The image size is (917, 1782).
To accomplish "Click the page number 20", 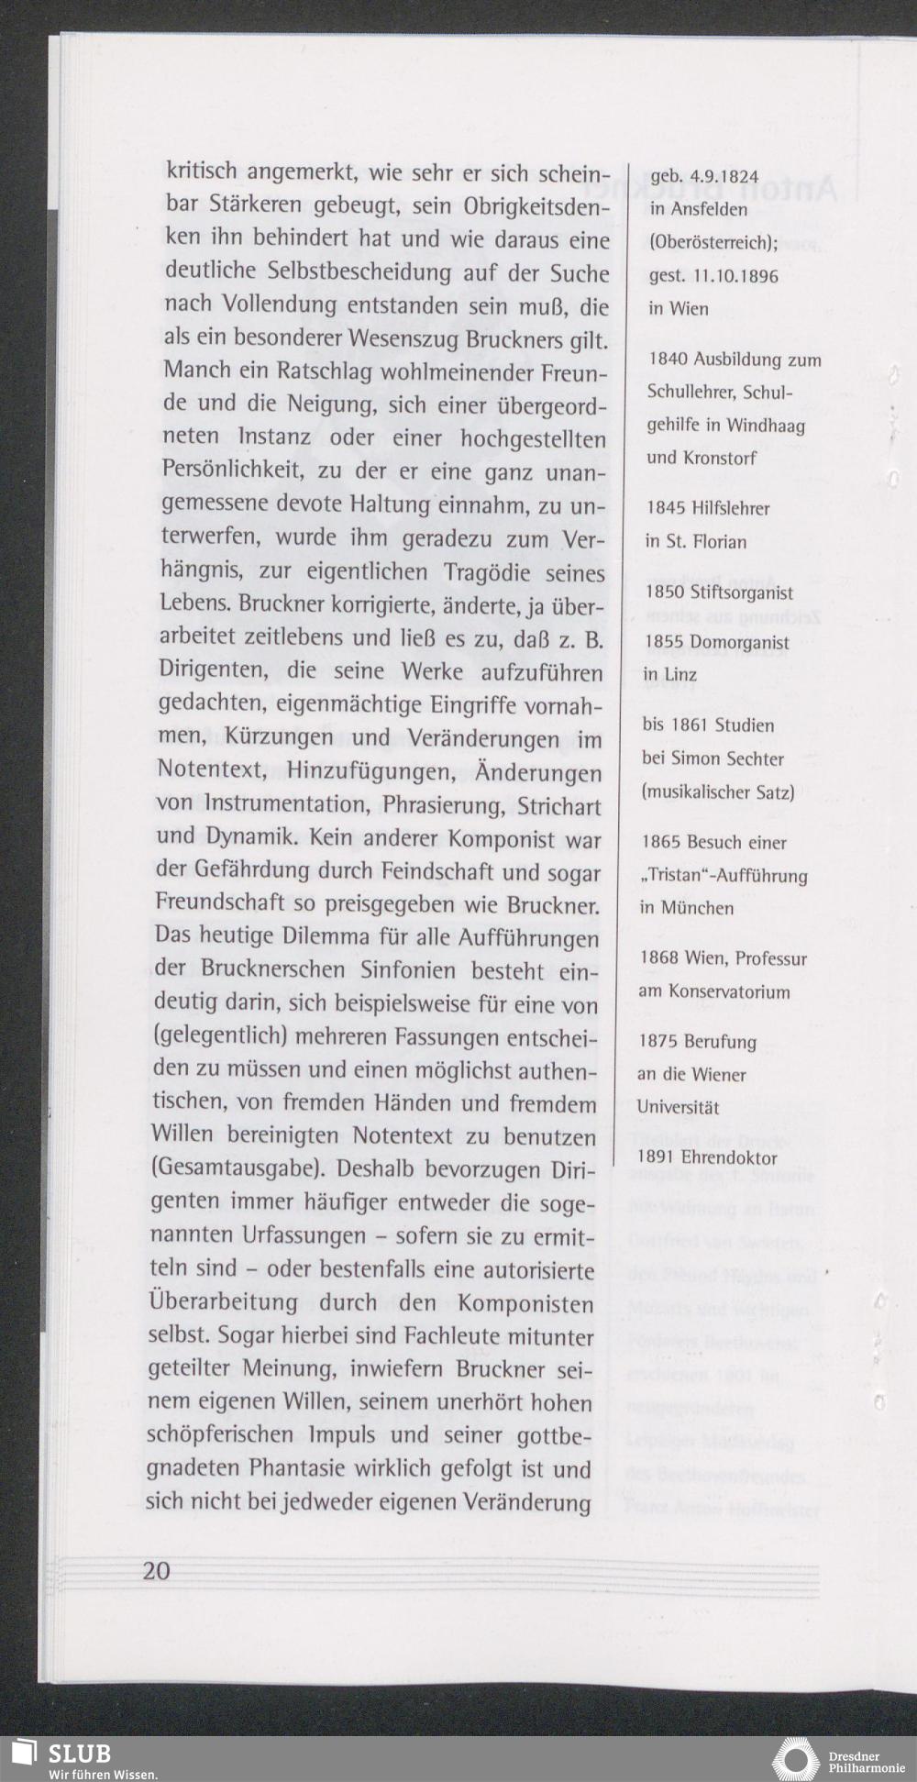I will [x=157, y=1570].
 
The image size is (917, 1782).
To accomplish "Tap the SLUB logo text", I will [x=80, y=1753].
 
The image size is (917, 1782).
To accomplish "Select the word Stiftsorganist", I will [x=742, y=593].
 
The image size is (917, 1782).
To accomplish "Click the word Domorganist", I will [x=739, y=642].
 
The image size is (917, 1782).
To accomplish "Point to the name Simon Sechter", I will [x=727, y=758].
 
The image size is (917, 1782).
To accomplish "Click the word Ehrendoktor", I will [x=729, y=1158].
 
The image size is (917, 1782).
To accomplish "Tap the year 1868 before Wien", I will [x=659, y=958].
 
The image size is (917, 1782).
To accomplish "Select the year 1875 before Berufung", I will [x=657, y=1042].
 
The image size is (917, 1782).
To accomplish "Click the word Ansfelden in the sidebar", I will [x=710, y=209].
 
